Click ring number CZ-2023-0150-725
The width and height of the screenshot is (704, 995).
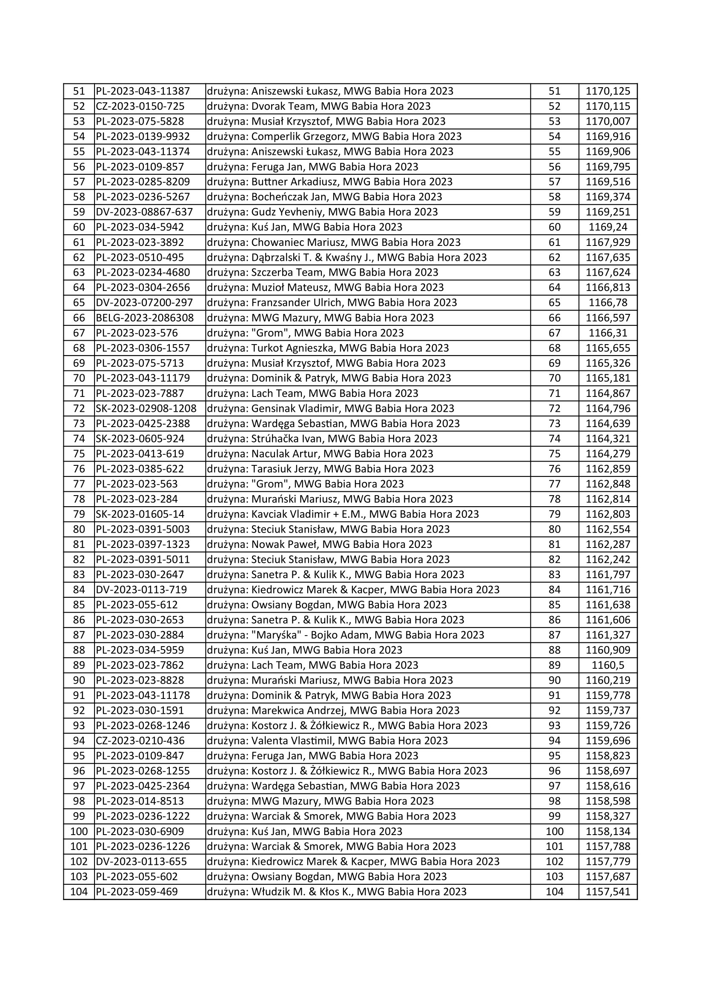coord(140,106)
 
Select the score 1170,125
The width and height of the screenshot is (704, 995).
coord(608,91)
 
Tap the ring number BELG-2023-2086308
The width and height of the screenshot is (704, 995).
coord(145,318)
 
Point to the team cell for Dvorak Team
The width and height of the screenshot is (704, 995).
coord(319,106)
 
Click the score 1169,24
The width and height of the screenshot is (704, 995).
coord(608,227)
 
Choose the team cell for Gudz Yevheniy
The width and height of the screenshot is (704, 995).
coord(322,212)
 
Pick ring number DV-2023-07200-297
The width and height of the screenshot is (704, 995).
coord(144,302)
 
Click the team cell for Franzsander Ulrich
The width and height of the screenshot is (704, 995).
coord(332,302)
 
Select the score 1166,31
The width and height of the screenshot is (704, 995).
coord(608,333)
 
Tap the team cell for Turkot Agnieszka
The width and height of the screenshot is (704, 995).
coord(328,348)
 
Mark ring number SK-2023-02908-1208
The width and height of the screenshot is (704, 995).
coord(146,408)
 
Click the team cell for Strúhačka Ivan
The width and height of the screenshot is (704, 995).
coord(322,439)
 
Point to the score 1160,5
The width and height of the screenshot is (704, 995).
coord(608,665)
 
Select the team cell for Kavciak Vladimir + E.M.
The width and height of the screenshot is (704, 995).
coord(343,514)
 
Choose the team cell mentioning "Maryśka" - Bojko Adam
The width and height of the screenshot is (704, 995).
coord(346,635)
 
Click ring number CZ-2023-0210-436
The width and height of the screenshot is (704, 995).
coord(140,741)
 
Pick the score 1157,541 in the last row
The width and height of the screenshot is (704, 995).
coord(608,892)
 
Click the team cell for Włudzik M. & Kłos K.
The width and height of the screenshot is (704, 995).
coord(336,892)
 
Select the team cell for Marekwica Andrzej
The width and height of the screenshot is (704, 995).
coord(333,710)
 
